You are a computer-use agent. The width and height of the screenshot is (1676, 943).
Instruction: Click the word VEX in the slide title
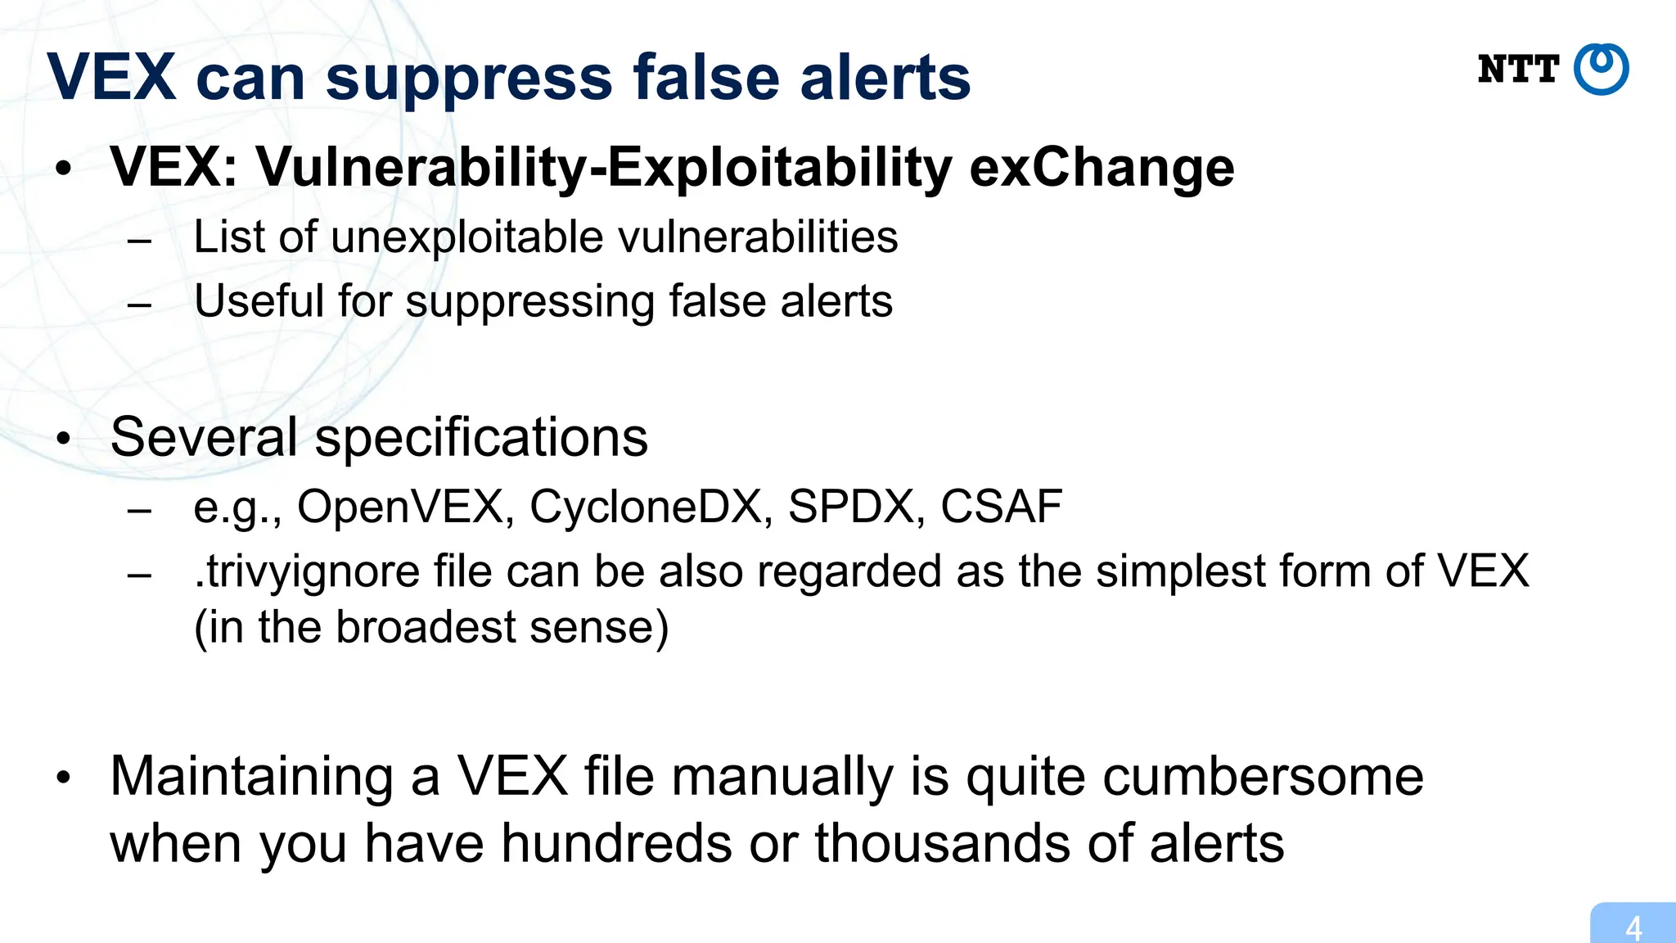[x=111, y=78]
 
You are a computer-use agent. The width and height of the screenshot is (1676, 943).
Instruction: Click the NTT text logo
[x=1518, y=70]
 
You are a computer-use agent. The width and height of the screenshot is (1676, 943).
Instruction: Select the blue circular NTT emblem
[x=1602, y=70]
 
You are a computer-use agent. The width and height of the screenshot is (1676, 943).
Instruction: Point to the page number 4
[x=1633, y=928]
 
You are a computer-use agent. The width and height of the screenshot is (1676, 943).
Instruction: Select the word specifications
[x=481, y=437]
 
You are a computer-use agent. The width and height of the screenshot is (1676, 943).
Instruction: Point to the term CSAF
[x=1001, y=506]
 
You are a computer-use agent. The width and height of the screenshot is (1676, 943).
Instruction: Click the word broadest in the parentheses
[x=426, y=628]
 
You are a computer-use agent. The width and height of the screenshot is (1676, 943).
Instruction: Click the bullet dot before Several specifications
[x=64, y=439]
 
